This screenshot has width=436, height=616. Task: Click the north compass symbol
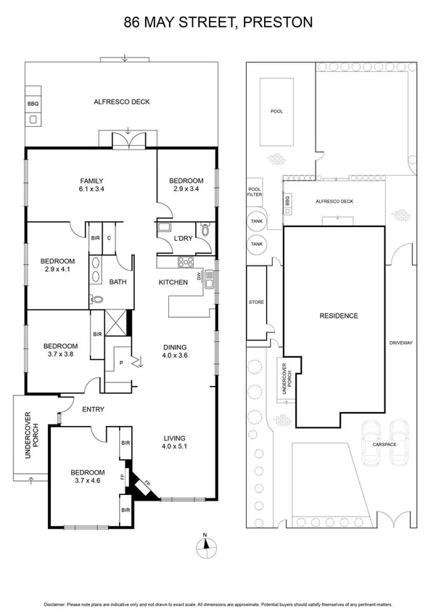tap(205, 546)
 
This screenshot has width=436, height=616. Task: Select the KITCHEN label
tap(173, 282)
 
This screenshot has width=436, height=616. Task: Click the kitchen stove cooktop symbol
tap(185, 263)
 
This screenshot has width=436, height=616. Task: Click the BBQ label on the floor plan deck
tap(33, 104)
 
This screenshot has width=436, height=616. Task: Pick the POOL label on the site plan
tap(276, 112)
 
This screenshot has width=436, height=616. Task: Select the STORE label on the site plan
tap(256, 302)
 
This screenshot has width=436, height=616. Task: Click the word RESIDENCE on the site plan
tap(339, 316)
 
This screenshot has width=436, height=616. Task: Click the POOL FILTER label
tap(255, 192)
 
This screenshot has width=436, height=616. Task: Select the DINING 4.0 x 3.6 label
tap(175, 351)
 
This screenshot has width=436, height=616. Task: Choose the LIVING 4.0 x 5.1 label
tap(175, 443)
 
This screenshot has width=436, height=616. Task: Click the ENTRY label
tap(93, 410)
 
